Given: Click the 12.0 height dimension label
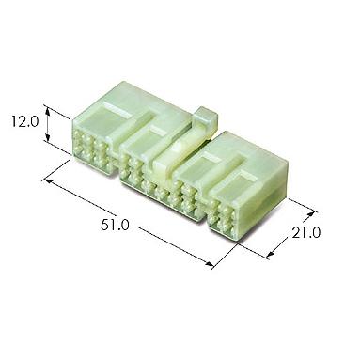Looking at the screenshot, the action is (24, 121).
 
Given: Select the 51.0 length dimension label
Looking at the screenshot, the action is (115, 225).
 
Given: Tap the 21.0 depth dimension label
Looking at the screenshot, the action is (305, 232).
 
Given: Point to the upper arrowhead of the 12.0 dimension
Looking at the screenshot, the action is (48, 110).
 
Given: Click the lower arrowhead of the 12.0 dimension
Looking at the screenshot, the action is (48, 137).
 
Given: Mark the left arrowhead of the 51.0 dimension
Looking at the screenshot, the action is (47, 180).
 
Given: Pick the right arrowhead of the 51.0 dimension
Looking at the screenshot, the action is (209, 265).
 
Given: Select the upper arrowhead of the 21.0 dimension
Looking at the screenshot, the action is (310, 214).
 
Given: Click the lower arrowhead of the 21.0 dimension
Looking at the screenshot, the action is (270, 255).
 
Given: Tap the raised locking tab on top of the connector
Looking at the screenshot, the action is (205, 119).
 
